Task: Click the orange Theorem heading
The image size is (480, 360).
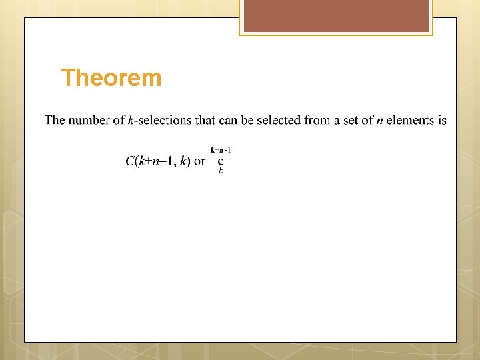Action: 111,79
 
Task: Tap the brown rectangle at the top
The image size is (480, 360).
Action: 336,16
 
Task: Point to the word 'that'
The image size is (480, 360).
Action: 205,121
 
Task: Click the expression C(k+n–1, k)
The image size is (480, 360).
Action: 157,161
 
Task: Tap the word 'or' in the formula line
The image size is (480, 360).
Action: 199,162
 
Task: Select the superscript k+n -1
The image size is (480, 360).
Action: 221,150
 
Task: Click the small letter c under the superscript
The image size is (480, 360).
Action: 221,161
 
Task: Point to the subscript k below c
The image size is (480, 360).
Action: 221,171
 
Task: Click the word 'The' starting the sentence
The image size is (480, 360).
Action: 55,121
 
